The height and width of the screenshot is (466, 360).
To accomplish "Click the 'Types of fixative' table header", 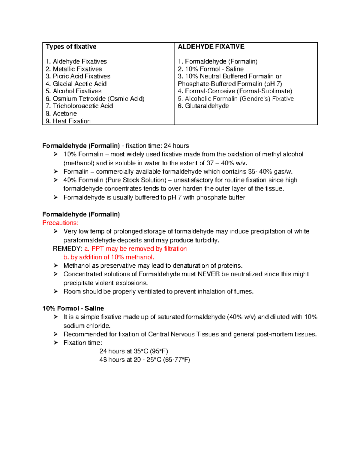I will (x=71, y=47).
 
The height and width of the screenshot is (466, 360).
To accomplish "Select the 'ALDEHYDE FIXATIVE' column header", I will (x=211, y=47).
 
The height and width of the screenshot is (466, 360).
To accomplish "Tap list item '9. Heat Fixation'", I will (x=68, y=121).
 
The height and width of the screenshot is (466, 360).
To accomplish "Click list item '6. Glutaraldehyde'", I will (x=203, y=106).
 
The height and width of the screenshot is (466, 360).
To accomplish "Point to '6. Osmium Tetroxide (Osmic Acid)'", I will (x=95, y=99).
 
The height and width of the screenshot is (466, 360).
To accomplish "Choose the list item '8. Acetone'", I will (x=61, y=113).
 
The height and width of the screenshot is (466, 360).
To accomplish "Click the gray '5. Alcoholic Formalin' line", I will (x=235, y=99).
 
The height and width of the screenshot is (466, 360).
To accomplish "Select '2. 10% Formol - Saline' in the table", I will (x=211, y=69).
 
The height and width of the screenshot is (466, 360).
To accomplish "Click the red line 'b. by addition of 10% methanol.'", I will (x=109, y=257).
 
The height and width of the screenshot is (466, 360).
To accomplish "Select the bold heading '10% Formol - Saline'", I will (x=73, y=308).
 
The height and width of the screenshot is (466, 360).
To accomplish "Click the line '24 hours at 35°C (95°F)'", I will (x=133, y=351).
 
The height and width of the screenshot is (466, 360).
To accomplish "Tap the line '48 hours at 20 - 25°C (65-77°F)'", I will (x=145, y=360).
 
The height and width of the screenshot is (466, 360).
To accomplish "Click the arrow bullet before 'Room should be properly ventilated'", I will (x=55, y=291).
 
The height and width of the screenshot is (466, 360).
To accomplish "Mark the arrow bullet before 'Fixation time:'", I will (x=55, y=343).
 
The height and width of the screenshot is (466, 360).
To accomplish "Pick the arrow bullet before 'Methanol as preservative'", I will (x=55, y=266).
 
